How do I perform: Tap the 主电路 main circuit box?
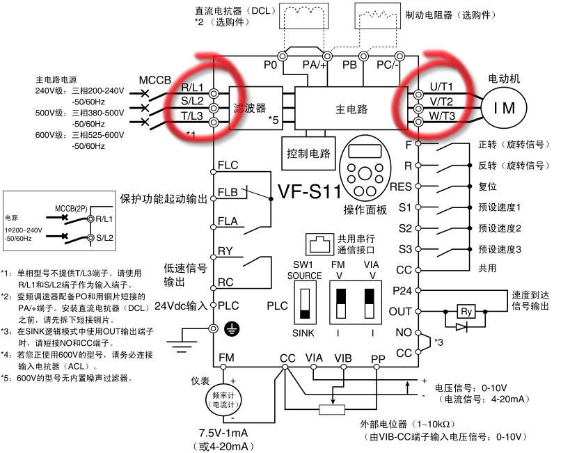351,109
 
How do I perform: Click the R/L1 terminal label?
192,88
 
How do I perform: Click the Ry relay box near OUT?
464,311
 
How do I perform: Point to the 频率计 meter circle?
223,399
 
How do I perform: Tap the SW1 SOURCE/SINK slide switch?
304,304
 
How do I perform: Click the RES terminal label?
401,186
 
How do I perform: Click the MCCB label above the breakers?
155,80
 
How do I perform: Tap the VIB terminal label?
342,358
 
